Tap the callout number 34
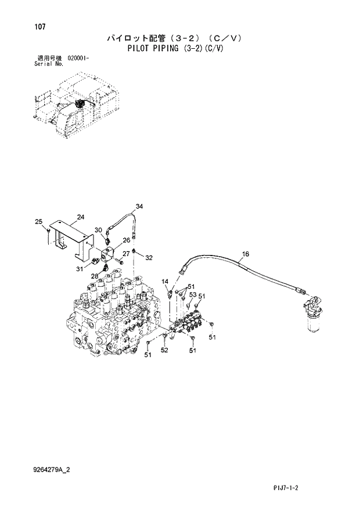[x=139, y=206]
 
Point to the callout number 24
[x=81, y=217]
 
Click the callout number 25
[x=38, y=221]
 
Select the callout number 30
[x=98, y=230]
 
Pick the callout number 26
[x=126, y=240]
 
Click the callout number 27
[x=125, y=253]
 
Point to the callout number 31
[x=80, y=268]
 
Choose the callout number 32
[x=149, y=257]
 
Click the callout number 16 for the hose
[x=245, y=254]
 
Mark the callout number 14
[x=165, y=282]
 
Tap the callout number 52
[x=164, y=350]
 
